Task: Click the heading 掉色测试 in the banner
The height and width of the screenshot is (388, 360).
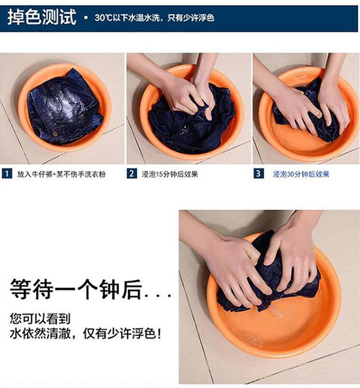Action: pos(42,17)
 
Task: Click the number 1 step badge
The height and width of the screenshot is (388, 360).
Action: pos(7,174)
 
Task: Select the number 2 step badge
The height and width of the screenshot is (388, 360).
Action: pos(132,174)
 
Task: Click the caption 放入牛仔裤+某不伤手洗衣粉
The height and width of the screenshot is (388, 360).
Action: pos(61,174)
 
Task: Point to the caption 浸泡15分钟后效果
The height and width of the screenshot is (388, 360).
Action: pos(170,174)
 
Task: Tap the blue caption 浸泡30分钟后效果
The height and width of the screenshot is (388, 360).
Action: pos(301,174)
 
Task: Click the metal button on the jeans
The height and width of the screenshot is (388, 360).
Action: pos(55,134)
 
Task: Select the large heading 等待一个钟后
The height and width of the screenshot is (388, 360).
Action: pos(76,289)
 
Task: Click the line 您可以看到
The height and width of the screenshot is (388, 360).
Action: pos(40,319)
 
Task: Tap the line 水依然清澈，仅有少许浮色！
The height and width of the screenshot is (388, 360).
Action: pos(85,334)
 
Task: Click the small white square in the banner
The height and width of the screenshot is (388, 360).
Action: pos(85,18)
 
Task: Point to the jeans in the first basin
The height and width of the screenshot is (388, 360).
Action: pos(65,107)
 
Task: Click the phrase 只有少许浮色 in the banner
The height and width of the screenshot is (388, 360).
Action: pos(191,18)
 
